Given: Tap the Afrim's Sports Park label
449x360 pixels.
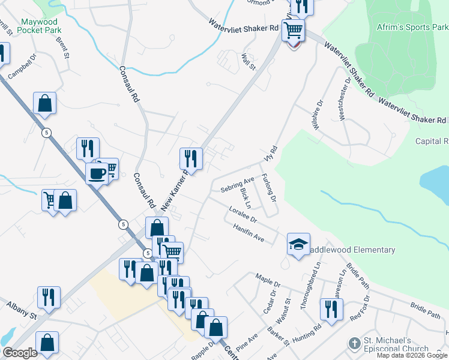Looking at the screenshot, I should click(x=412, y=28).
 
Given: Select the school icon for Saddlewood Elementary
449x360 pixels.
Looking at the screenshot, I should click(x=298, y=244).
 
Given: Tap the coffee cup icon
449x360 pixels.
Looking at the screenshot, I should click(x=96, y=174).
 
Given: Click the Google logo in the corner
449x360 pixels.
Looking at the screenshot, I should click(x=20, y=352).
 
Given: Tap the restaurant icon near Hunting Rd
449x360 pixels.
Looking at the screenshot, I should click(x=330, y=309).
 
